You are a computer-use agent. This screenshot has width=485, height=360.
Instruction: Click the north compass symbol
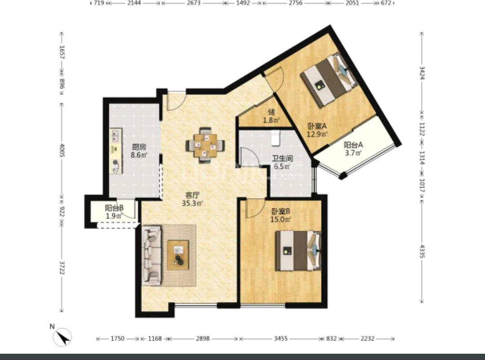(62, 337)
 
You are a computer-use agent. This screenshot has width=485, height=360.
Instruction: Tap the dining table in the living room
(205, 145)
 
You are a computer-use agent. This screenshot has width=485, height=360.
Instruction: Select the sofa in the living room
(152, 255)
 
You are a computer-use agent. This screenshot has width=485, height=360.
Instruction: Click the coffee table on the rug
(178, 255)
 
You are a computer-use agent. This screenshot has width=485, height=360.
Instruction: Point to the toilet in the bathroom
(275, 138)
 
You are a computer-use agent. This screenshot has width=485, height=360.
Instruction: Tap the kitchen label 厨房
(139, 147)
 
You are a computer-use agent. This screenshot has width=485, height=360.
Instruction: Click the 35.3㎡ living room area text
(192, 203)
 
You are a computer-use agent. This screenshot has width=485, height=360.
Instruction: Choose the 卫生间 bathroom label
(282, 158)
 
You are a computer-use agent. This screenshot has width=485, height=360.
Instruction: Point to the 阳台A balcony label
(353, 145)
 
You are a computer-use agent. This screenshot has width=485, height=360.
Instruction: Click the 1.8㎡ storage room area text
(271, 120)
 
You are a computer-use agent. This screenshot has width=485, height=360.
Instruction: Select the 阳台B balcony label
(114, 208)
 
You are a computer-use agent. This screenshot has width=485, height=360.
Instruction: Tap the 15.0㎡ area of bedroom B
(281, 220)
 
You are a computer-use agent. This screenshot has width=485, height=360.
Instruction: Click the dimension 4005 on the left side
(62, 150)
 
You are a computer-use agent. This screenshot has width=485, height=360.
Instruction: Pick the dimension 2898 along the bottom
(203, 338)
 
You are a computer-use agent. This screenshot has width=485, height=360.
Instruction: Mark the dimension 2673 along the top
(194, 3)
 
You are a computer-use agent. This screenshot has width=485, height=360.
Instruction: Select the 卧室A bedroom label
(317, 126)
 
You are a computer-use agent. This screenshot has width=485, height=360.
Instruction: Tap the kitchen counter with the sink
(116, 151)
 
